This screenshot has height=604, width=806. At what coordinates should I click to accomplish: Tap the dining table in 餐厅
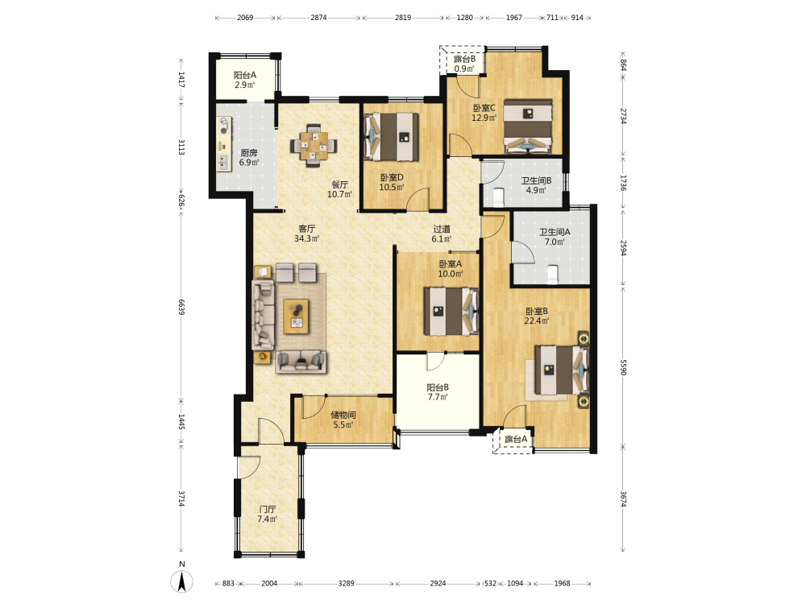tap(314, 145)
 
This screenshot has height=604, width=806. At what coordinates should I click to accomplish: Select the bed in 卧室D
tap(391, 137)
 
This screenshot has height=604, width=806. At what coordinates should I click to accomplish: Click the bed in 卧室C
tap(528, 127)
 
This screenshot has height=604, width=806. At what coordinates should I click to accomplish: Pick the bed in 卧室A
tap(451, 311)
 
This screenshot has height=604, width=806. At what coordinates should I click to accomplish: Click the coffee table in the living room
tap(296, 316)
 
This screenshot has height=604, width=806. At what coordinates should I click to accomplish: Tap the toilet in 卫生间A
tap(553, 274)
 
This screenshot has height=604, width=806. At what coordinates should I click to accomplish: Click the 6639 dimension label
tap(181, 307)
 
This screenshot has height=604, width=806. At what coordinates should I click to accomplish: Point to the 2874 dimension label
tap(318, 18)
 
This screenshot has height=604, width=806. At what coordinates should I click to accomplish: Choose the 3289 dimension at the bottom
tap(346, 583)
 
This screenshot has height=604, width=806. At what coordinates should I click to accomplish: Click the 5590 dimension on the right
tap(623, 367)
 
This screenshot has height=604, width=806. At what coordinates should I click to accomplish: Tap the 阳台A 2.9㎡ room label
tap(245, 80)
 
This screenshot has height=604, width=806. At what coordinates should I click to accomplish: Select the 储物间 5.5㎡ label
tap(343, 420)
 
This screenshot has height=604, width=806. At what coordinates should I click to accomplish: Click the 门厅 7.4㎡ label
tap(268, 514)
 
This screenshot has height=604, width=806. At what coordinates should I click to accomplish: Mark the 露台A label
tap(516, 439)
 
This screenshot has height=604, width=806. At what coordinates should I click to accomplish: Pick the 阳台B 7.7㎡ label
tap(438, 392)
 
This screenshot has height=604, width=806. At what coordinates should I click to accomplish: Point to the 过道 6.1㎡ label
tap(442, 234)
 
